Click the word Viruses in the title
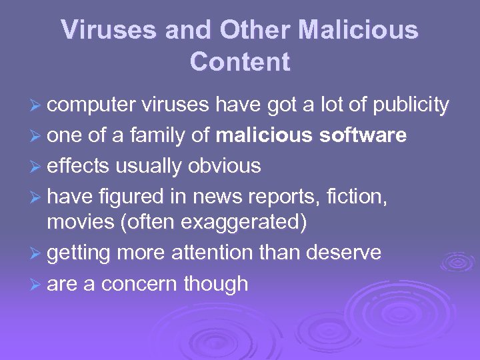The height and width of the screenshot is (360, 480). point(99,30)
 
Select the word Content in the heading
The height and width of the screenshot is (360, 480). point(240,62)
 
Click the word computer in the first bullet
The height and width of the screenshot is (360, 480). point(91,105)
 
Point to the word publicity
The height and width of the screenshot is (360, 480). point(411,105)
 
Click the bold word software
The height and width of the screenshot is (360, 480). point(363,135)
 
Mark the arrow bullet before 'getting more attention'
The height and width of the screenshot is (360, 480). point(37,253)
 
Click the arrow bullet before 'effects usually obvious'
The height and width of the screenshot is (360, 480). point(37,165)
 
